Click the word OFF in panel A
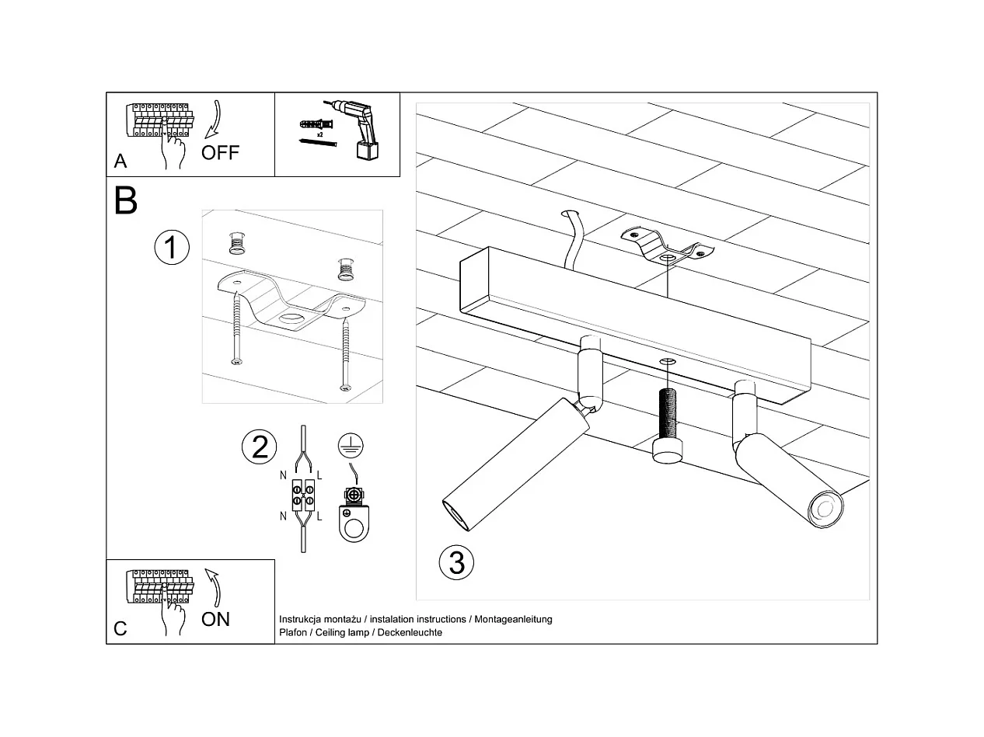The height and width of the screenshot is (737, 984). tap(220, 152)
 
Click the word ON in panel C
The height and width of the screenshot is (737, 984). tap(215, 618)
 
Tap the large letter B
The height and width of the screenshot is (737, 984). tap(126, 200)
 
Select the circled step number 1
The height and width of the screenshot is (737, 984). tap(171, 248)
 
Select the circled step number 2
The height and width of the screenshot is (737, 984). tap(260, 447)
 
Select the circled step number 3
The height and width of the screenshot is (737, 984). tap(456, 561)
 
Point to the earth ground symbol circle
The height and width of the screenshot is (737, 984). tap(351, 445)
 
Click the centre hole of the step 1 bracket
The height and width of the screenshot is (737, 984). tap(294, 318)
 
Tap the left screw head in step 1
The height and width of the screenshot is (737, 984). tap(236, 360)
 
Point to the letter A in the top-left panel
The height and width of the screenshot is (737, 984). tap(120, 161)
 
